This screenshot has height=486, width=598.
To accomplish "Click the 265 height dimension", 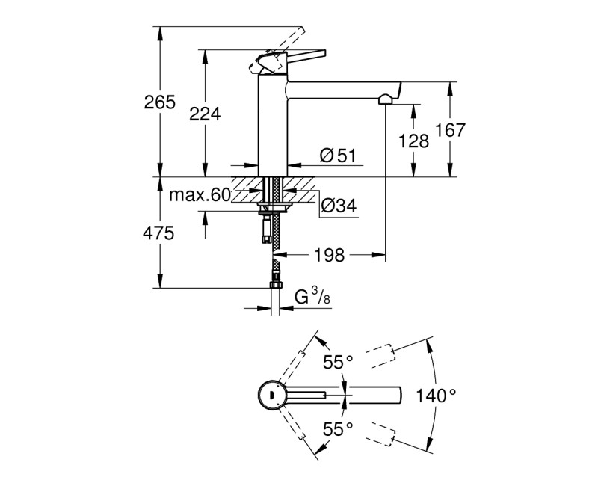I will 159,102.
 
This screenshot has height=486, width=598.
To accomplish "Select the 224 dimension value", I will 205,114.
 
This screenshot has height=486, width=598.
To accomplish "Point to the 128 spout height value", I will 414,140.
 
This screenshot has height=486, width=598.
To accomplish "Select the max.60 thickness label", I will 198,195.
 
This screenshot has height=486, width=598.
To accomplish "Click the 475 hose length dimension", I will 158,233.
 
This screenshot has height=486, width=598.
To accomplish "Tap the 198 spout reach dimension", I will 329,256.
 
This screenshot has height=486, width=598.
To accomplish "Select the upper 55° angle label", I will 337,363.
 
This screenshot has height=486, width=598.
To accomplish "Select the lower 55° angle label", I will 337,428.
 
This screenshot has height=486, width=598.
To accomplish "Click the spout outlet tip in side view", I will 386,98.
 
